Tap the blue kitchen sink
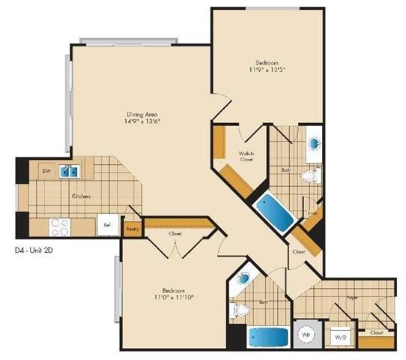[x=70, y=172]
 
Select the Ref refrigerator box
[x=106, y=224]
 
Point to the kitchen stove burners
[x=59, y=223]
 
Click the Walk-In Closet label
[x=246, y=156]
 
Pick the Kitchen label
[x=81, y=196]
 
